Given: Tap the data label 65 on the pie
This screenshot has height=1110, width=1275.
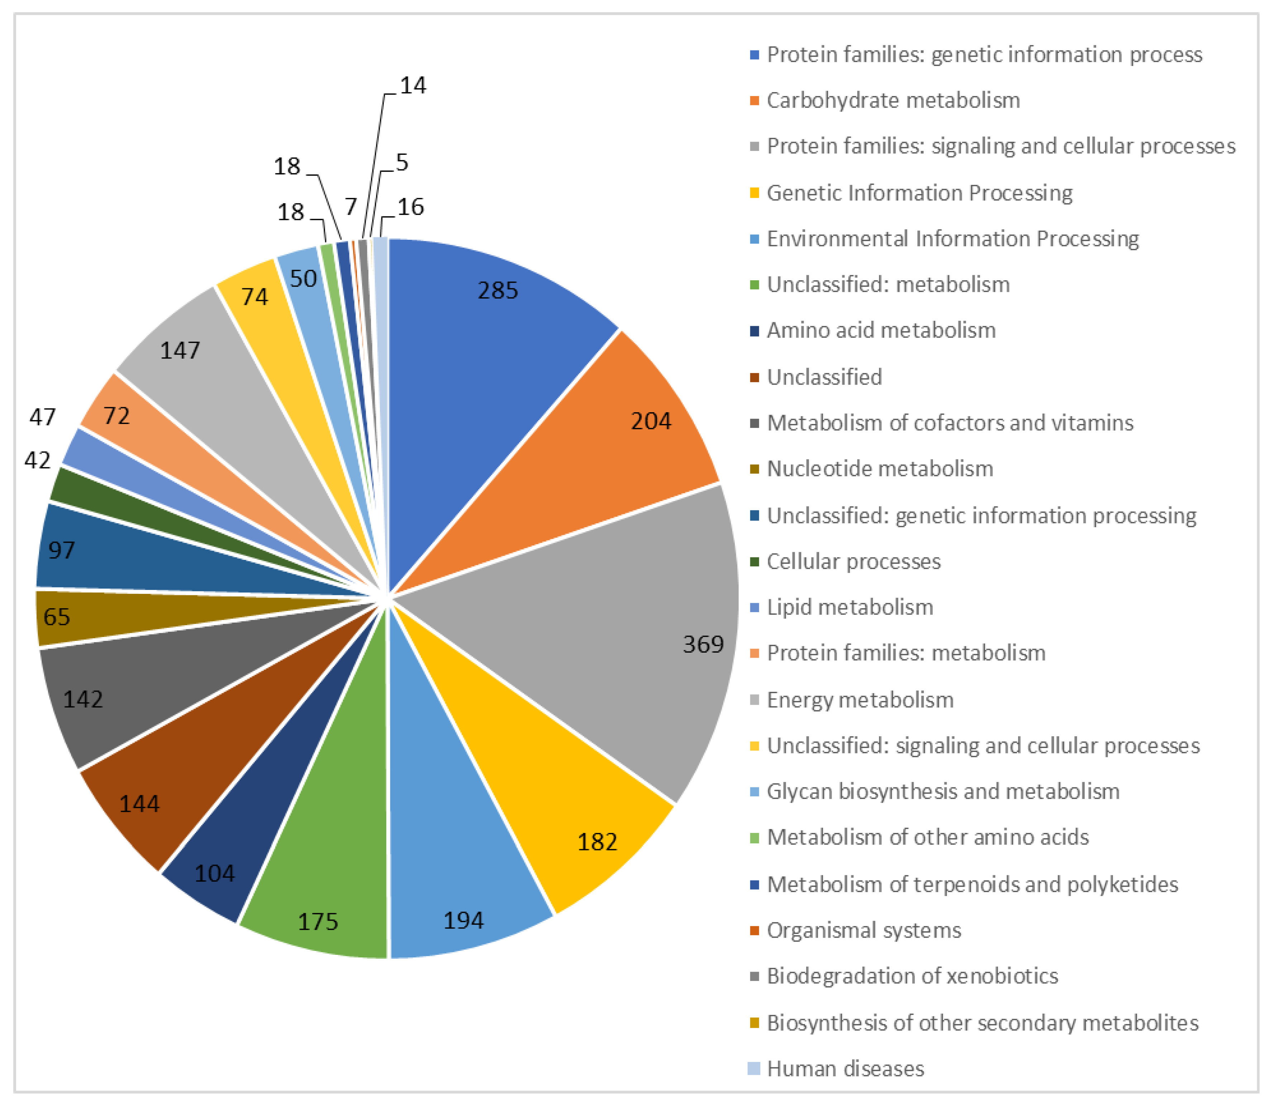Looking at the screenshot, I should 56,617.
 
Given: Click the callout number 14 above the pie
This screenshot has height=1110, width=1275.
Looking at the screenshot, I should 413,85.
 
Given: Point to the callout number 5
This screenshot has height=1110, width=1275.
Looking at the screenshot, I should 402,163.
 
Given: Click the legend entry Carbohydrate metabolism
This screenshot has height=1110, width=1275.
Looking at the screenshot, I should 893,100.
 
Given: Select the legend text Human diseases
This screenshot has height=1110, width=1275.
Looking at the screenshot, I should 845,1068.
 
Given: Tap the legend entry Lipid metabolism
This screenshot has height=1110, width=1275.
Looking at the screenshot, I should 850,607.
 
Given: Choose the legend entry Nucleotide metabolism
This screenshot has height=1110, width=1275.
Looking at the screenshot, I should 880,469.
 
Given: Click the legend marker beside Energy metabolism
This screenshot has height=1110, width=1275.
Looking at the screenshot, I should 754,700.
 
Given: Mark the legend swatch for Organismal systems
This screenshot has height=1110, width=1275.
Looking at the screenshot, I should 754,930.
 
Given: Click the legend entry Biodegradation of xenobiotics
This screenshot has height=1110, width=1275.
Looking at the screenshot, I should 912,976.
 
